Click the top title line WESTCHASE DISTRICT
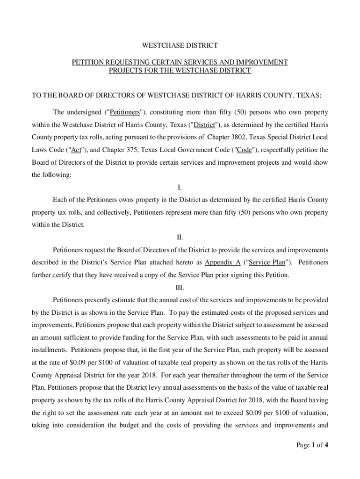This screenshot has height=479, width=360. click(180, 46)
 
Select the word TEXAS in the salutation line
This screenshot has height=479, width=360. click(309, 96)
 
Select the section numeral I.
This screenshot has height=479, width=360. click(180, 188)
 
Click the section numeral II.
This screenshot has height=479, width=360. click(180, 238)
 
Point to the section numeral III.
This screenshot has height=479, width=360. click(180, 287)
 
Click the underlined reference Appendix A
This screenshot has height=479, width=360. click(223, 262)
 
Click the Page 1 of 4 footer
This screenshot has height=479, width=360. click(312, 445)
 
